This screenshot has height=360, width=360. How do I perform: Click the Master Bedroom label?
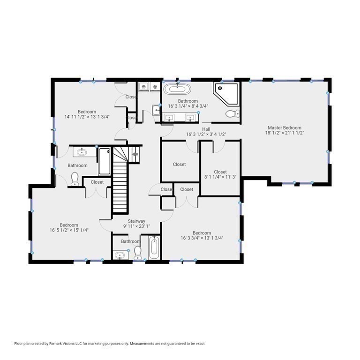(x=285, y=127)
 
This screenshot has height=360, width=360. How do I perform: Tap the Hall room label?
(x=206, y=129)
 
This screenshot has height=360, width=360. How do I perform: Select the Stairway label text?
(x=136, y=221)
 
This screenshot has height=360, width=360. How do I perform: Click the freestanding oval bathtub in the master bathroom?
(x=177, y=89)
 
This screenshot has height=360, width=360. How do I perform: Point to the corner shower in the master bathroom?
(x=226, y=94)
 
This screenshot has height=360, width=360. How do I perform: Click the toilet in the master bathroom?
(x=232, y=113)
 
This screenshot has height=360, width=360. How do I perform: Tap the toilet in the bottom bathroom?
(x=137, y=253)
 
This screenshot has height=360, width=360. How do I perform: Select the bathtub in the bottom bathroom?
(x=154, y=247)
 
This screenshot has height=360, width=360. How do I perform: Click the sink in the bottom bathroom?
(x=120, y=255)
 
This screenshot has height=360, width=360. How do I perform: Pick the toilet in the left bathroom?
(x=75, y=179)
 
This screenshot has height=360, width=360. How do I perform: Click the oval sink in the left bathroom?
(x=82, y=152)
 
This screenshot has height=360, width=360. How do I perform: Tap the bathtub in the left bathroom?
(x=105, y=161)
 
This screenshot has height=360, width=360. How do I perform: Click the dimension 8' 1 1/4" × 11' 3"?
(x=220, y=177)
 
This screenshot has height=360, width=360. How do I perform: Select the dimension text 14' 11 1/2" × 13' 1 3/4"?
(x=87, y=117)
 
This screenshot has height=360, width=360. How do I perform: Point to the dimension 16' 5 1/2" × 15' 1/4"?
(x=69, y=230)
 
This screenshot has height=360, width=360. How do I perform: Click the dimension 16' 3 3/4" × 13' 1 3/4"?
(x=202, y=238)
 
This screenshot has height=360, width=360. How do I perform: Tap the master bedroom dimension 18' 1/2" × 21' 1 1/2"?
(x=285, y=133)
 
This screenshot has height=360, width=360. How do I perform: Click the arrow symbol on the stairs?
(x=135, y=154)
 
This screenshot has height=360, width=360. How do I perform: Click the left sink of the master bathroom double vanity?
(x=169, y=118)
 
